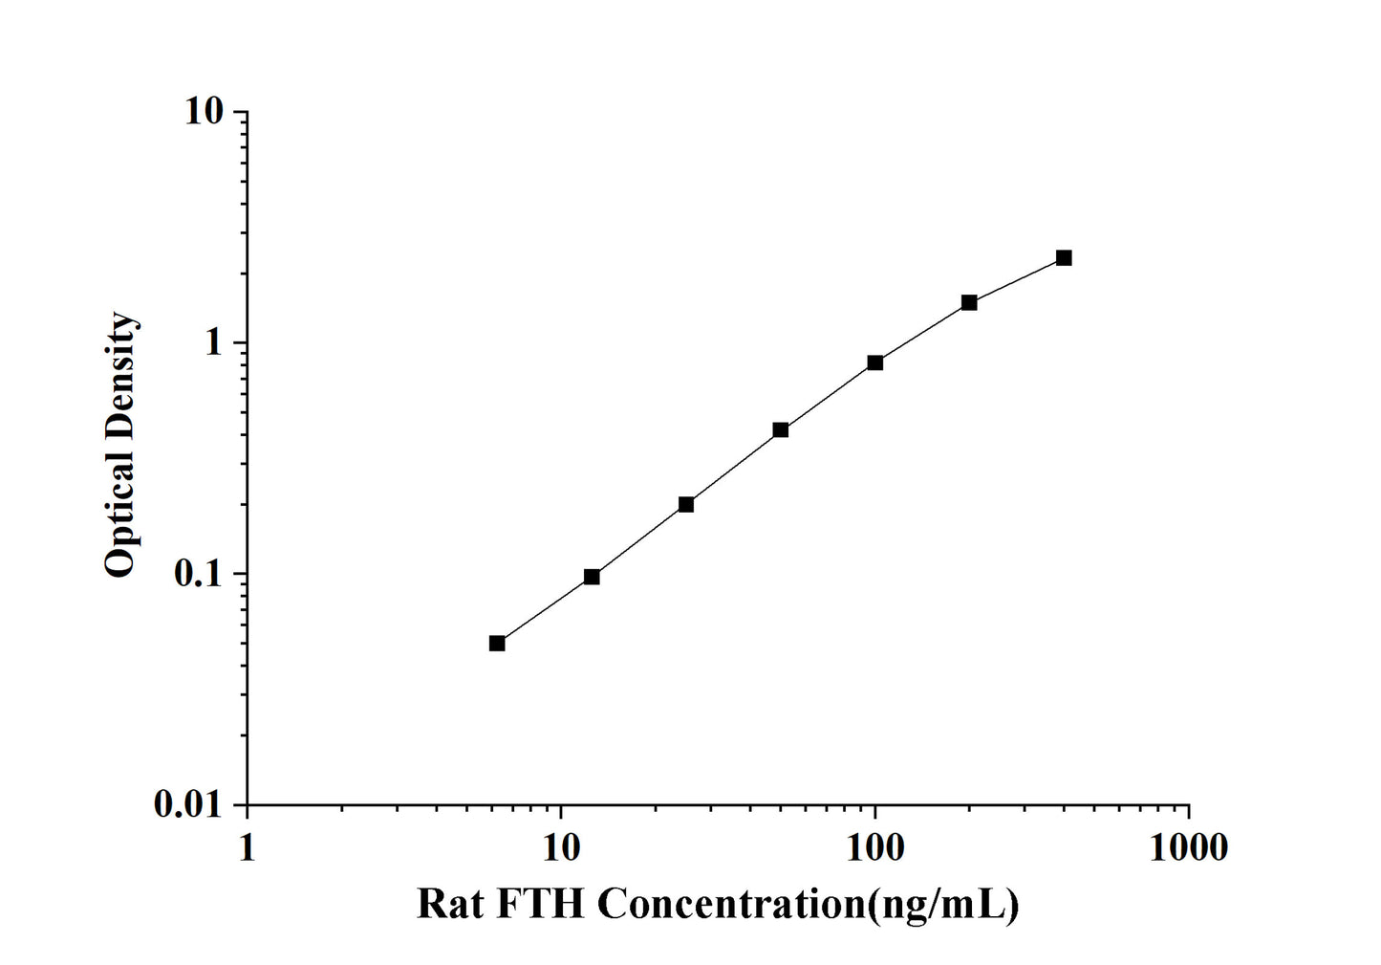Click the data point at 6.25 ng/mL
click(497, 643)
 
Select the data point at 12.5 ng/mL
click(592, 577)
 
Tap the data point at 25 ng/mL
click(686, 504)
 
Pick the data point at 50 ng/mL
click(781, 430)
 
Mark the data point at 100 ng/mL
click(875, 362)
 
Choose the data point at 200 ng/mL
click(969, 302)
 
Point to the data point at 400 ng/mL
click(1064, 258)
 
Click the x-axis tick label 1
click(248, 847)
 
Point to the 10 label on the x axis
click(562, 847)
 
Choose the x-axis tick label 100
click(875, 847)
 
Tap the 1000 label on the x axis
click(1189, 847)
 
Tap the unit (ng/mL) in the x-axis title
click(940, 904)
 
